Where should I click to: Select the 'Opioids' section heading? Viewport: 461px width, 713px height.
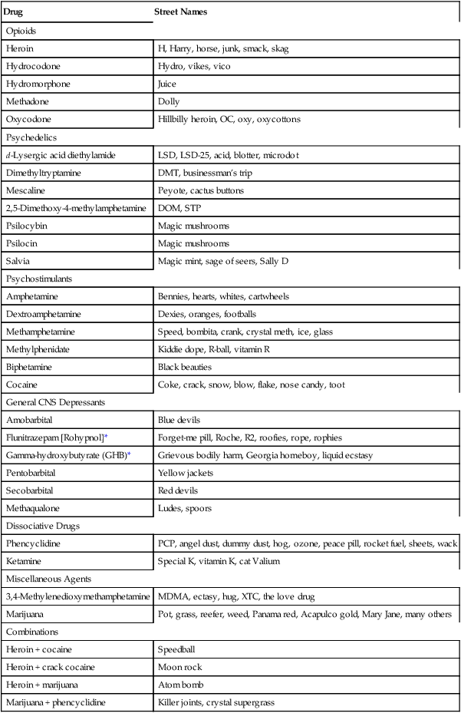pos(22,31)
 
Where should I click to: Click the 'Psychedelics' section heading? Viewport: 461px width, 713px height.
pos(31,137)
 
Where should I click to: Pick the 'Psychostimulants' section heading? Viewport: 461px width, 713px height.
pos(38,279)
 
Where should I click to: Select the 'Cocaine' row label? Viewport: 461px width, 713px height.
pos(21,385)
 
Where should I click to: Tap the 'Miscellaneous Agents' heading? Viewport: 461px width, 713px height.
pos(47,579)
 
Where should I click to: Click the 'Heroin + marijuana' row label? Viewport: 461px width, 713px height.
pos(42,685)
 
